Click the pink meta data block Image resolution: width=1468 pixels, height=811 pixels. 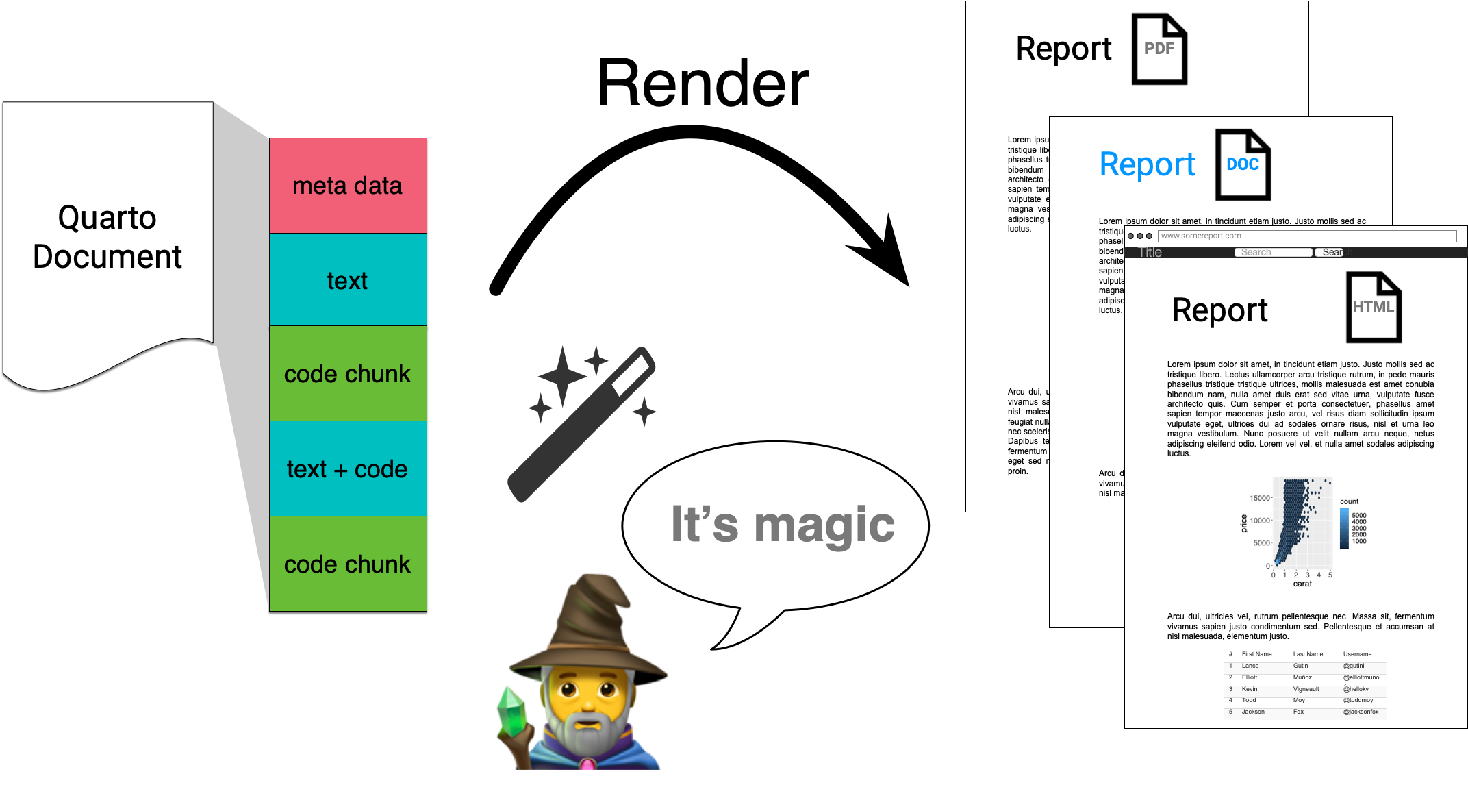(x=347, y=186)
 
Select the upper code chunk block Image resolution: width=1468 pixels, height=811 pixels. (x=347, y=373)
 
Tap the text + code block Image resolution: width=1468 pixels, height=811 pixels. (x=347, y=469)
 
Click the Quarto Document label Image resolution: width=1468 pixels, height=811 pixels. (x=107, y=237)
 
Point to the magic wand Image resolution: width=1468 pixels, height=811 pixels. (x=582, y=425)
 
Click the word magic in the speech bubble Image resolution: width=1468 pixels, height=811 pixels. (x=824, y=525)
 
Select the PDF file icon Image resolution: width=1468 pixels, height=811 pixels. (x=1159, y=49)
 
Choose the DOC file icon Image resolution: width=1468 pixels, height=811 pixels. (x=1243, y=164)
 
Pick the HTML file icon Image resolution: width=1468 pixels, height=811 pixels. (x=1374, y=307)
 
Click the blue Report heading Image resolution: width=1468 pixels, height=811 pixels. (x=1147, y=164)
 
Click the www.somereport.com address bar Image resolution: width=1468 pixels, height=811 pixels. (x=1306, y=236)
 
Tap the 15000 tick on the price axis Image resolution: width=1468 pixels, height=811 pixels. (x=1259, y=498)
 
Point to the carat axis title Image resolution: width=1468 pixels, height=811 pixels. (x=1302, y=584)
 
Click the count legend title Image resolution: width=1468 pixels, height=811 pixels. (x=1349, y=501)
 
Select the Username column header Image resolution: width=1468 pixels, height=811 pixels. (x=1357, y=654)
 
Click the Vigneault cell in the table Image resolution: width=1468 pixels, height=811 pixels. (x=1306, y=689)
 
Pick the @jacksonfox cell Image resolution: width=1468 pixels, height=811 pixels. (x=1361, y=712)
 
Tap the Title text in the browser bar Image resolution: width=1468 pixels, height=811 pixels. (x=1150, y=252)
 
